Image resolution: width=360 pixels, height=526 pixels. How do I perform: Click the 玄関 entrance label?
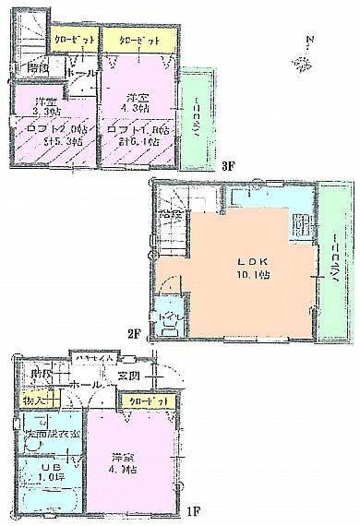(x=128, y=376)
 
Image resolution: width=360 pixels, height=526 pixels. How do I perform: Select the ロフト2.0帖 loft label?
(x=45, y=135)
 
